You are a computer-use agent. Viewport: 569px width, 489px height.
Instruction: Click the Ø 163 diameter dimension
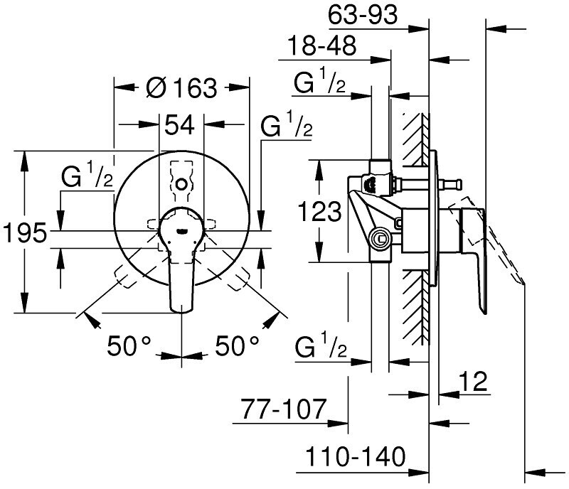coord(181,87)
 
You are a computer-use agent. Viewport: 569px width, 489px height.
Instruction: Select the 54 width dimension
coord(180,124)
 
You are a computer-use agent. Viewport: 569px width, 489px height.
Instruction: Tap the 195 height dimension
coord(25,232)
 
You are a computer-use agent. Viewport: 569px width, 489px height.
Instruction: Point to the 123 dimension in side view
coord(319,210)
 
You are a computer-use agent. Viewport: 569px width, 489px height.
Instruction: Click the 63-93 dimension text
coord(363,15)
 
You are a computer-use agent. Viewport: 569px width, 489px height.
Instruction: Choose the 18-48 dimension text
coord(322,45)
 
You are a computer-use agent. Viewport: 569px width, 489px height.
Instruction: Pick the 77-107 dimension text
coord(284,409)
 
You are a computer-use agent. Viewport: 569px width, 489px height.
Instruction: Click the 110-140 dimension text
coord(356,457)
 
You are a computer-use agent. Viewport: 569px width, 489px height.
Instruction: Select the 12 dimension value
coord(473,381)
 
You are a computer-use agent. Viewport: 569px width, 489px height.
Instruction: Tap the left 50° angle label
coord(129,345)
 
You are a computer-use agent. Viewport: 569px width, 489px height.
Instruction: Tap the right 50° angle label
coord(238,345)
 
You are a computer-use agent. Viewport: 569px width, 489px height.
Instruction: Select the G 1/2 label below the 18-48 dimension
coord(319,81)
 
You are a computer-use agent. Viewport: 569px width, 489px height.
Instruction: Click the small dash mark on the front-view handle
coord(181,230)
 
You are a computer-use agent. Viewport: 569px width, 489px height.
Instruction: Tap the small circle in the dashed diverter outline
coord(181,184)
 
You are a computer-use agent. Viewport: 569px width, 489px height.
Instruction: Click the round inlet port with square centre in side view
coord(380,239)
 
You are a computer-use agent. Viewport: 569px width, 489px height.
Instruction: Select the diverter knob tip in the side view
coord(459,184)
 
